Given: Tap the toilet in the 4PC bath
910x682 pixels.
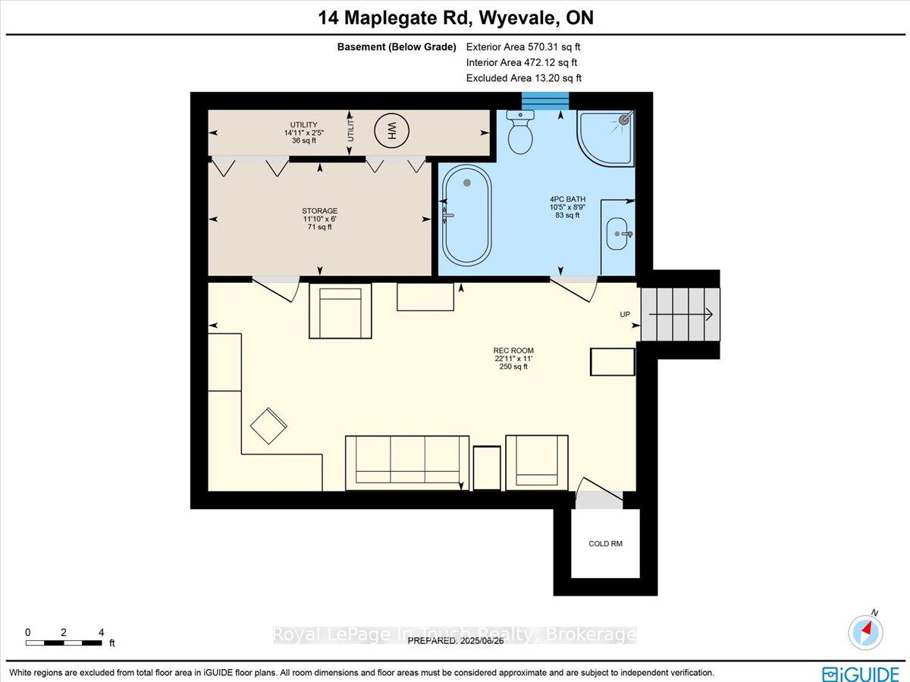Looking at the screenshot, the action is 520,131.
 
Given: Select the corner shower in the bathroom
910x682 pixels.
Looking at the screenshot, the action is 605,139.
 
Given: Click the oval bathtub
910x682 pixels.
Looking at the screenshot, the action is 467,215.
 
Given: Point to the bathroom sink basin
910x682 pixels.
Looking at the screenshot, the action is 617,234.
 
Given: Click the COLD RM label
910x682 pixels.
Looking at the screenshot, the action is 605,543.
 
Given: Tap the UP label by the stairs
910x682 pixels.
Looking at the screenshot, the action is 625,314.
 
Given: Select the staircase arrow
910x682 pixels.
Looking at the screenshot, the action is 681,314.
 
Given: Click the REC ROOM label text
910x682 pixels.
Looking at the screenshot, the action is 513,350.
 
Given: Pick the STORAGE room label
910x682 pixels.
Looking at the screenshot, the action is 320,211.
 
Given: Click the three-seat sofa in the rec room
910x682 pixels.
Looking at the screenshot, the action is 407,463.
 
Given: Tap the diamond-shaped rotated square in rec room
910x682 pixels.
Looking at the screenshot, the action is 268,426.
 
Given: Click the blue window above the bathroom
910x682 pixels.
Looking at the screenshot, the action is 545,101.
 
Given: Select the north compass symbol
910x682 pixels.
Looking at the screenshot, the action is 866,632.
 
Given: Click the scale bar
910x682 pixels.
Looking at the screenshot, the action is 64,643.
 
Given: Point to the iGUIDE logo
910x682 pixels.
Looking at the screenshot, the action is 861,674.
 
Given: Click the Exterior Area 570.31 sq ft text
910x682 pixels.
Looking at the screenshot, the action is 523,47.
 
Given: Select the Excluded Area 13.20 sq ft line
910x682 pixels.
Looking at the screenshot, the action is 523,78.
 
